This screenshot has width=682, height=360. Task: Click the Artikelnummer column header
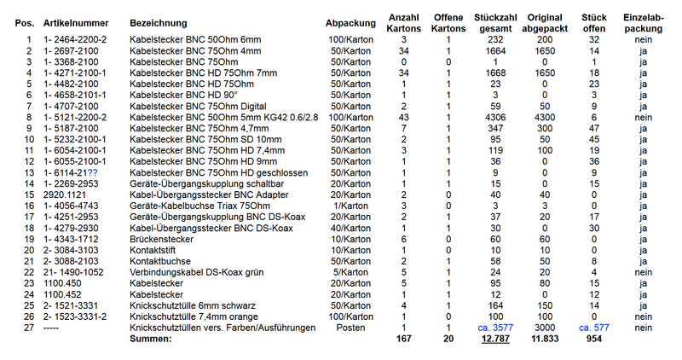(74, 22)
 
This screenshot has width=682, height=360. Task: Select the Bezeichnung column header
(161, 22)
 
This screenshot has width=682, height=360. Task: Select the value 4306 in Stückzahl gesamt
(495, 117)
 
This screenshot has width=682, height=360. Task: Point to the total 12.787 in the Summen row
(494, 340)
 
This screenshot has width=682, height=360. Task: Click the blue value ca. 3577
(494, 328)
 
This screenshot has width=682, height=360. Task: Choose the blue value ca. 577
(594, 328)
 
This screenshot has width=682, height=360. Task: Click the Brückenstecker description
(162, 239)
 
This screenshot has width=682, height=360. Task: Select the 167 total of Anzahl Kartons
(403, 340)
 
